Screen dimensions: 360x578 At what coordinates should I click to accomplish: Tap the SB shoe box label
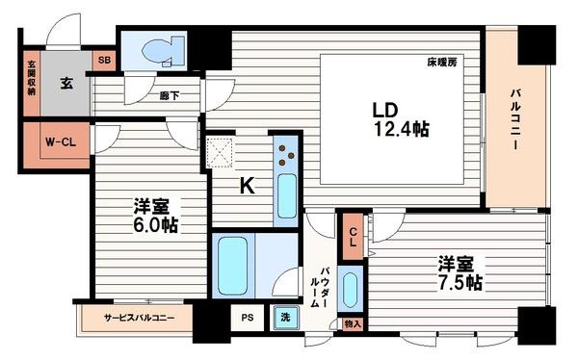point(103,61)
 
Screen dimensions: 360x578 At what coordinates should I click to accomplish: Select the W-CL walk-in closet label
point(61,142)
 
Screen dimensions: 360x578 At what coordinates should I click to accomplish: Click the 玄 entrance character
point(66,84)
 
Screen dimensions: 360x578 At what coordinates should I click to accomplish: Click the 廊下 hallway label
point(169,94)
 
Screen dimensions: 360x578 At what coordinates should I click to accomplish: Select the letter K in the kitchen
point(246,187)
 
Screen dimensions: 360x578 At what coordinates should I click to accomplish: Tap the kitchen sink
point(287,196)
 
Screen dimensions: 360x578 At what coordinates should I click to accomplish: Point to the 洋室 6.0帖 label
point(155,215)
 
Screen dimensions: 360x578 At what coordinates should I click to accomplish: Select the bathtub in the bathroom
point(234,265)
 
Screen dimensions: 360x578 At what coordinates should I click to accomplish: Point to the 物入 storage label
point(353,324)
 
